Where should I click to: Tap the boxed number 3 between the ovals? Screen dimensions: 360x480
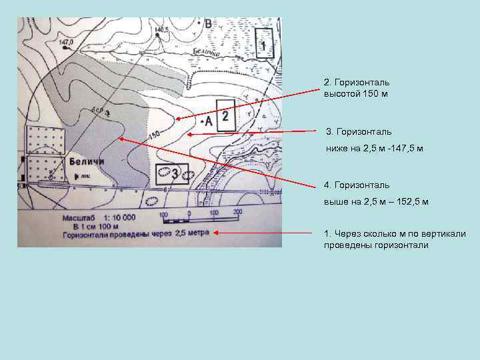pos(174,174)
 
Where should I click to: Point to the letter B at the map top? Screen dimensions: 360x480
pos(208,24)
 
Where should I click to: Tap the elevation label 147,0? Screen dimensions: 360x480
pos(65,42)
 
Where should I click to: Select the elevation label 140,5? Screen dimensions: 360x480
pos(161,30)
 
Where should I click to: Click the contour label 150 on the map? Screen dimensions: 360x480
pos(154,136)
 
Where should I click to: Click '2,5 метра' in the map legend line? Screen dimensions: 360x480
pos(191,233)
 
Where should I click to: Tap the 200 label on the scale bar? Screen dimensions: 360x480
pos(237,213)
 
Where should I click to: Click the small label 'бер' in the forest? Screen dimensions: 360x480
pos(98,111)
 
